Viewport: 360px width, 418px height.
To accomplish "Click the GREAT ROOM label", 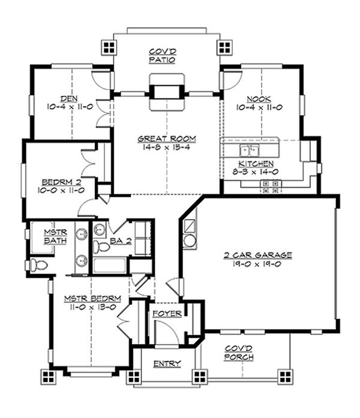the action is point(167,139).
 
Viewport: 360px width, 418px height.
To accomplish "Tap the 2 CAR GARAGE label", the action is point(257,255).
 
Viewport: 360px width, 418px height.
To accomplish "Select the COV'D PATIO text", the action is point(162,55).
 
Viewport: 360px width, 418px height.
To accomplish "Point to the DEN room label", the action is point(69,98).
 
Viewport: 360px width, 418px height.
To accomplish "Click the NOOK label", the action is point(259,99).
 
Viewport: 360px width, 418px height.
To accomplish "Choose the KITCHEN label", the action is point(256,163).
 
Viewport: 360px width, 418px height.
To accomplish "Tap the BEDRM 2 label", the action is point(61,182).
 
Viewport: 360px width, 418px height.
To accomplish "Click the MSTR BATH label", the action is point(55,236).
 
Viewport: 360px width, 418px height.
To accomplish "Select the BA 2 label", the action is point(121,241).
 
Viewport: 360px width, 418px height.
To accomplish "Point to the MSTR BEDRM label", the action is point(92,298).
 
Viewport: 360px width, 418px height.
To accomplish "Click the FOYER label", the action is point(167,314).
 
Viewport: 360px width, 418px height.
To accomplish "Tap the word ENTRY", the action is point(167,363).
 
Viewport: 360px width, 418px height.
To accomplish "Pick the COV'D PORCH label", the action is point(239,353).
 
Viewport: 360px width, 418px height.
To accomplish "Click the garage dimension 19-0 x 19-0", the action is point(257,264).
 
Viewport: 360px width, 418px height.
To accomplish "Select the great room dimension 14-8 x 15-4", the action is point(166,147).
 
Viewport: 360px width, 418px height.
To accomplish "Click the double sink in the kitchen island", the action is point(250,151).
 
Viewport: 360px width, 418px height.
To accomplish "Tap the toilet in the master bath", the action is point(38,265).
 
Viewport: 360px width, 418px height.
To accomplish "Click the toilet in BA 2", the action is point(101,246).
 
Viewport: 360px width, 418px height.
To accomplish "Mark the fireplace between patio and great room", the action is point(167,92).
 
